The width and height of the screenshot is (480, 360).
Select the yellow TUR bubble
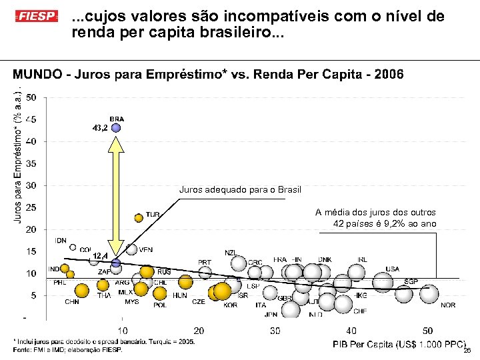point(139,217)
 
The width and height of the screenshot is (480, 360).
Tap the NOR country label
point(448,305)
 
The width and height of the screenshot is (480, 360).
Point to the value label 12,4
point(101,256)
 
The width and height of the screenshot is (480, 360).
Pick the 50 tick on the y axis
point(31,98)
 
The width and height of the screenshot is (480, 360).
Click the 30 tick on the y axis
point(31,185)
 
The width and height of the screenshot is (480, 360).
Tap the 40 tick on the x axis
point(351,331)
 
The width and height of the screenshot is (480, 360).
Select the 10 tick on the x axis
point(123,331)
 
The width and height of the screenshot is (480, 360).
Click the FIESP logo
point(37,15)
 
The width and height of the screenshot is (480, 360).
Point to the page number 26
point(467,350)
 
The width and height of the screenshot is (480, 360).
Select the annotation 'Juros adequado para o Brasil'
point(240,190)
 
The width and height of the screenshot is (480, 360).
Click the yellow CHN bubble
point(81,291)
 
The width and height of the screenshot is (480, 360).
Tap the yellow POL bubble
point(159,293)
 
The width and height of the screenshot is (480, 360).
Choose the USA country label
point(393,269)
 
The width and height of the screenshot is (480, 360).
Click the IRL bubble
point(357,271)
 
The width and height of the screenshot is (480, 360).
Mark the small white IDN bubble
point(73,247)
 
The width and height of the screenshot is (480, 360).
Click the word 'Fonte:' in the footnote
point(22,349)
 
